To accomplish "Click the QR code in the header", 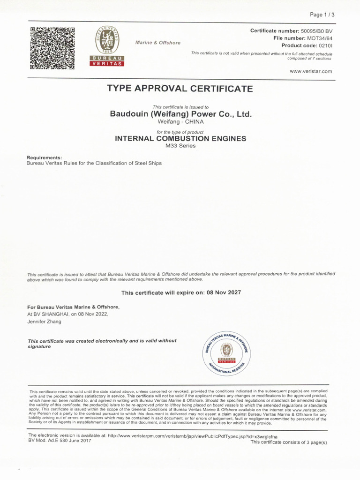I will click(x=52, y=48).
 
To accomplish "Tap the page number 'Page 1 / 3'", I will click(x=323, y=15).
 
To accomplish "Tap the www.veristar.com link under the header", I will click(x=311, y=71).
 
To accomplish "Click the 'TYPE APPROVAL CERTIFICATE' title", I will click(x=180, y=89).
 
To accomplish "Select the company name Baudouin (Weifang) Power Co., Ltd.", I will click(x=180, y=114).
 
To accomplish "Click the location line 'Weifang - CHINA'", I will click(x=180, y=122).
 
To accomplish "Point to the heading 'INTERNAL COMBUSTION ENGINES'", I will click(x=180, y=139).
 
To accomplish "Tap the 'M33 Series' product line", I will click(x=180, y=146).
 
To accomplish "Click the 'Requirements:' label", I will click(x=44, y=157).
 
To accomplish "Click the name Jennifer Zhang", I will click(x=44, y=322).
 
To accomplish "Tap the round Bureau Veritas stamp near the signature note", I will click(x=227, y=351).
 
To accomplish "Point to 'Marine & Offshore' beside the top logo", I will click(x=157, y=43).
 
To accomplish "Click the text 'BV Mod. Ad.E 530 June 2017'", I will click(x=60, y=441).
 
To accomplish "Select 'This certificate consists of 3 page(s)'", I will click(x=289, y=442).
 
